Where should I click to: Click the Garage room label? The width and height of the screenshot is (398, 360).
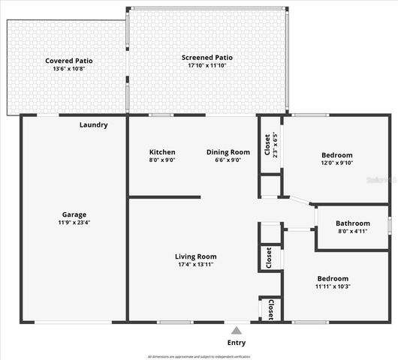74,214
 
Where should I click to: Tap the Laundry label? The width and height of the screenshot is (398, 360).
94,124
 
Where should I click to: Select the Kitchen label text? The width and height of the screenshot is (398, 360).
162,152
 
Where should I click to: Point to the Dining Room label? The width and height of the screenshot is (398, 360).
228,152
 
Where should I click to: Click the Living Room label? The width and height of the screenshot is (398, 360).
196,256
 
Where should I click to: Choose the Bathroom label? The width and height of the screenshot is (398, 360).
352,223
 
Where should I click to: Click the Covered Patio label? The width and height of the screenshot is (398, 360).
68,61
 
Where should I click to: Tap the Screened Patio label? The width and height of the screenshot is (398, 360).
207,58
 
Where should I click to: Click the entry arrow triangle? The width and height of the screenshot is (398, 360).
236,330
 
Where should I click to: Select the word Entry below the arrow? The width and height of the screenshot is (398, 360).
236,343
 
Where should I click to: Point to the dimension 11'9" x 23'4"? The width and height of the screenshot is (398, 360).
74,223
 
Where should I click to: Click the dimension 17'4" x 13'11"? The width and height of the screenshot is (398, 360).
196,265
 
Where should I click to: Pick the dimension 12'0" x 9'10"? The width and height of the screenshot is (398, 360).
331,163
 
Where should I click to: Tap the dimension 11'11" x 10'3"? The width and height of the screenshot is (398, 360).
332,286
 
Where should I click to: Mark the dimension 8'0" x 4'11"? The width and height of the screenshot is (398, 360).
352,232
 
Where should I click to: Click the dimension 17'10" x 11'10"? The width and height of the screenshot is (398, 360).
207,66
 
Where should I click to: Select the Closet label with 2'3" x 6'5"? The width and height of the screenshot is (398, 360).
267,145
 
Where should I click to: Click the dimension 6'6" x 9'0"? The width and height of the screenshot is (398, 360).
228,160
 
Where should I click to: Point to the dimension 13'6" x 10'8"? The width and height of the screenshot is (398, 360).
68,69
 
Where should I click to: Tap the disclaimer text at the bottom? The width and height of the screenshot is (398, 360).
199,356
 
